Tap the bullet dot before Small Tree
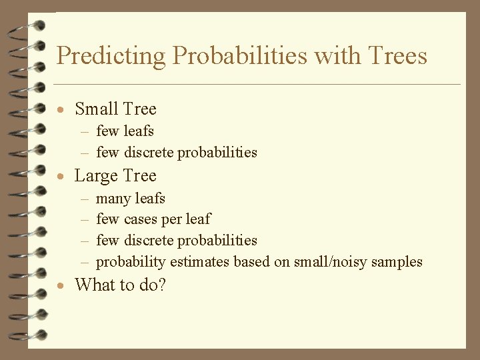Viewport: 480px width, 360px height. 61,110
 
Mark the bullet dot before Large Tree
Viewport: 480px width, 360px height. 61,177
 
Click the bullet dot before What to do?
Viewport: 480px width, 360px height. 61,287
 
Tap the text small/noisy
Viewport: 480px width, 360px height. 327,261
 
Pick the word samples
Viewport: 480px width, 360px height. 397,261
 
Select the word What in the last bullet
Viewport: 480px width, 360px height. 93,285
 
